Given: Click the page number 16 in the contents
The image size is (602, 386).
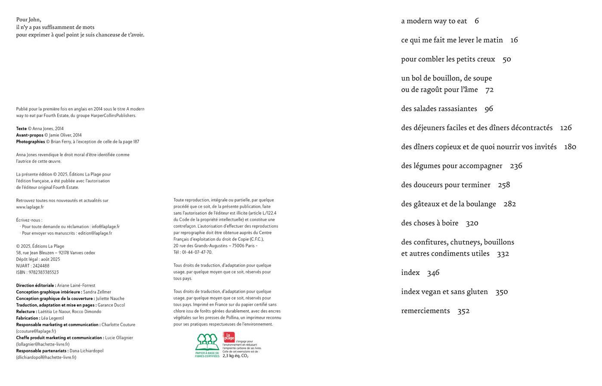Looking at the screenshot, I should point(514,40).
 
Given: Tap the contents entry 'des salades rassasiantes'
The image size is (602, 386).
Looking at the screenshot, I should point(439,109).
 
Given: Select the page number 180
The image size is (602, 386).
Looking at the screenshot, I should point(570,147).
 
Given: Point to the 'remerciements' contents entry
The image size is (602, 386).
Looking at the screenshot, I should point(425,311).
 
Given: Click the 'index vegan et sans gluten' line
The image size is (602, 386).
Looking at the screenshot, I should point(444,292).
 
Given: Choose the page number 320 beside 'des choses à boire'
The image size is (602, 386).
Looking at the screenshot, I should point(472,223).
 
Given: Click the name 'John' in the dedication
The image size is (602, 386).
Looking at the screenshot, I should point(34,19).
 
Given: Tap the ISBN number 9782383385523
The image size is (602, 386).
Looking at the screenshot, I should point(43,272).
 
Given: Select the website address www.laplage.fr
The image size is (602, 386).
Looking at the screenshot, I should point(30,207).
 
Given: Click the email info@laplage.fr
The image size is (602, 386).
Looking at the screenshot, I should point(105,226).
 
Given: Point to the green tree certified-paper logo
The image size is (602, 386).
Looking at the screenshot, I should point(207,343).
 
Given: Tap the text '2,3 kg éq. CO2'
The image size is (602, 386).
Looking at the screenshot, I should point(235,356).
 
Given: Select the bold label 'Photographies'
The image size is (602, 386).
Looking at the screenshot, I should point(31,142).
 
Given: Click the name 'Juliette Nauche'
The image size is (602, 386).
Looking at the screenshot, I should point(110,299).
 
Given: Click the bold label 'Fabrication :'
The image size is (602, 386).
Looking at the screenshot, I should point(28,318).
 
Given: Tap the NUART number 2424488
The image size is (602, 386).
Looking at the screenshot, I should point(41,266).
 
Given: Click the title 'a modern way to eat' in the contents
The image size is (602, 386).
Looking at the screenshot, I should point(434,21).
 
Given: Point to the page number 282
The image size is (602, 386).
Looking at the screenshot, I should point(509,204).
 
